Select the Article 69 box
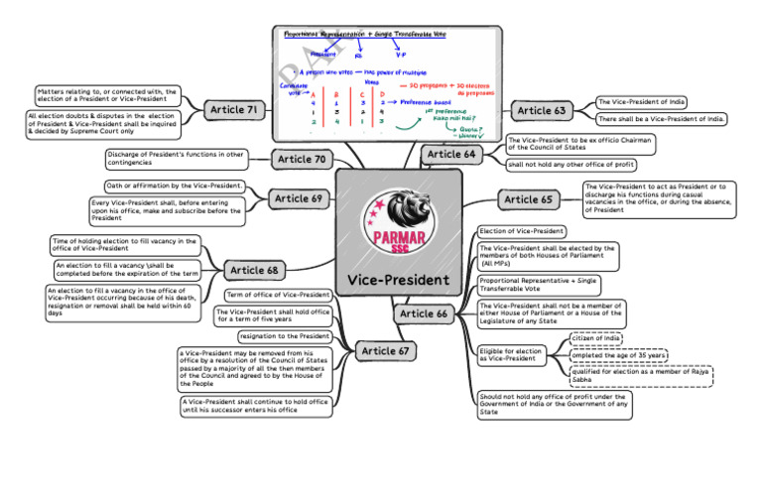coord(301,198)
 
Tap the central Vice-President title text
coord(399,280)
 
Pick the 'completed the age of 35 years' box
coord(618,355)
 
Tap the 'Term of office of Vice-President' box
coord(279,295)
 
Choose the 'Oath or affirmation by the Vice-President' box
coord(175,187)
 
